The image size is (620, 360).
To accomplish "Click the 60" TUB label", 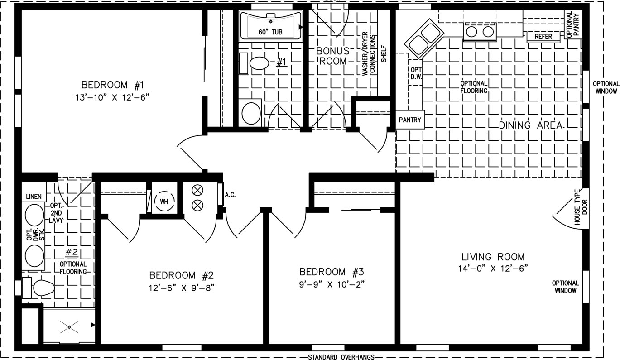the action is point(270,32).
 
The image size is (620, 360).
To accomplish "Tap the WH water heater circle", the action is point(164,202).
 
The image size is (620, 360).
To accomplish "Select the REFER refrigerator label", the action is point(543,37).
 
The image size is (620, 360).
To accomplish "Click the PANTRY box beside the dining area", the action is point(410,120).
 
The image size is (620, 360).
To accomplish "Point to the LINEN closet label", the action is point(34,197).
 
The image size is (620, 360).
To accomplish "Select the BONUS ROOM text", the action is point(333,56).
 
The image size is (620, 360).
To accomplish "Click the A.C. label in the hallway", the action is point(230,195).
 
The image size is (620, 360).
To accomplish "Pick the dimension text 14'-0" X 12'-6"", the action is point(493,269).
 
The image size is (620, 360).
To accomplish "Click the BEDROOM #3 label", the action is point(332,272).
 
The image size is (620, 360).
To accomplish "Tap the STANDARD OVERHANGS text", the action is point(341,357).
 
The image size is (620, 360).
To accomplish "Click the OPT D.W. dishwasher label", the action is point(416,73).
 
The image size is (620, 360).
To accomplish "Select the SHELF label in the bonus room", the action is point(384,54).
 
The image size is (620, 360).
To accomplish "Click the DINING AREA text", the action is point(531,125).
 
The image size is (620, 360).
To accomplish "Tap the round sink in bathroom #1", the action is point(251,113).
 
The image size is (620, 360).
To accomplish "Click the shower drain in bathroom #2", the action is point(69,327).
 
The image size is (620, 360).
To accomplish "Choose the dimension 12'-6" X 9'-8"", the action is point(182,288).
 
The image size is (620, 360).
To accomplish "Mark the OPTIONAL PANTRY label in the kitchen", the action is point(572,24).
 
